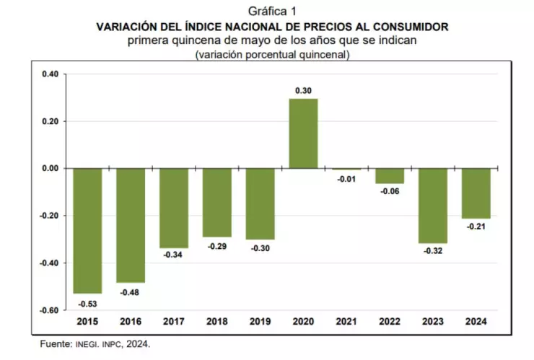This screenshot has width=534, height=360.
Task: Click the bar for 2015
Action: [x=87, y=231]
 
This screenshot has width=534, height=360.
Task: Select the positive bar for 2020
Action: [x=303, y=133]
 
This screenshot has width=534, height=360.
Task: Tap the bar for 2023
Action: [x=433, y=206]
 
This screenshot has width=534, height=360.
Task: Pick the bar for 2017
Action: [x=174, y=208]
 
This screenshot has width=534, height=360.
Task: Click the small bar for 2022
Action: [x=390, y=176]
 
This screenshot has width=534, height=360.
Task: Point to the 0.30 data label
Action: [x=303, y=90]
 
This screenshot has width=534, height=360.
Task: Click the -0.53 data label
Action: [x=87, y=304]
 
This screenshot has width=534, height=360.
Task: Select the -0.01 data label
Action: [x=346, y=179]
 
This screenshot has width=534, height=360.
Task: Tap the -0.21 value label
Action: [x=476, y=227]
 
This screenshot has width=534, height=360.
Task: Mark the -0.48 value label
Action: [x=131, y=292]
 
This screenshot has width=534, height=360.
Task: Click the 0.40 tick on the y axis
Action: [x=50, y=74]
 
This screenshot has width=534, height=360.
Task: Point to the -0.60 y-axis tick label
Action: [x=48, y=311]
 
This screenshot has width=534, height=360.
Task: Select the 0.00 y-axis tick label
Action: [x=50, y=169]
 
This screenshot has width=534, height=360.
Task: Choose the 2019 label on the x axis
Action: [x=260, y=322]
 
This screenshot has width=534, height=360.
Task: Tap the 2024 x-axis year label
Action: [x=476, y=322]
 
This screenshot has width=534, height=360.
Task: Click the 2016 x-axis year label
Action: [x=131, y=322]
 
